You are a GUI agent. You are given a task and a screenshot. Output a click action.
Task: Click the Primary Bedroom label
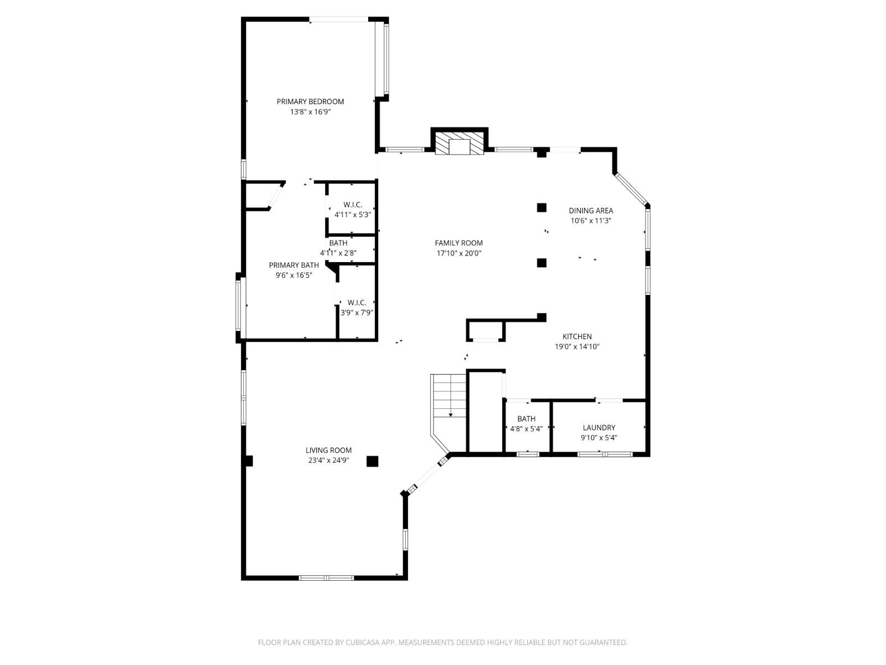pyautogui.click(x=310, y=101)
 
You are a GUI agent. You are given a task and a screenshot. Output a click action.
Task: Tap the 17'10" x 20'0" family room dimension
pyautogui.click(x=459, y=253)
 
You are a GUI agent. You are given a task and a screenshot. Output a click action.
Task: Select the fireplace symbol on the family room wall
pyautogui.click(x=459, y=144)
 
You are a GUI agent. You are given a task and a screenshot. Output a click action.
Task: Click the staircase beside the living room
pyautogui.click(x=449, y=396)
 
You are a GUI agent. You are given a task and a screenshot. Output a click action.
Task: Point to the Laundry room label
pyautogui.click(x=599, y=427)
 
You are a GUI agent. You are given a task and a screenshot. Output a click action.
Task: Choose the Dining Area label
pyautogui.click(x=591, y=211)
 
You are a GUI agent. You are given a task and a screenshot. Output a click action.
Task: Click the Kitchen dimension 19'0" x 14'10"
pyautogui.click(x=577, y=347)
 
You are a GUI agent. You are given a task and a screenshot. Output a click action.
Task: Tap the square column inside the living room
pyautogui.click(x=372, y=461)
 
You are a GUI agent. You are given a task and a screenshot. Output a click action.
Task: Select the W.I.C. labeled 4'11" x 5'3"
pyautogui.click(x=352, y=210)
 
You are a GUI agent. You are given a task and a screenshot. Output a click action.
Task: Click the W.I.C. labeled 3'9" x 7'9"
pyautogui.click(x=357, y=308)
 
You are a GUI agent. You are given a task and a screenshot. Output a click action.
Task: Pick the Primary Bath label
pyautogui.click(x=293, y=265)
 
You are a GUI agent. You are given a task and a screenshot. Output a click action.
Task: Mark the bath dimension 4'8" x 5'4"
pyautogui.click(x=526, y=428)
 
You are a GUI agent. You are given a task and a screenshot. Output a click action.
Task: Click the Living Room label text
pyautogui.click(x=328, y=450)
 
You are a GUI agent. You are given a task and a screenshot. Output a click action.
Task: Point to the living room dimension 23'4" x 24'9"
pyautogui.click(x=328, y=460)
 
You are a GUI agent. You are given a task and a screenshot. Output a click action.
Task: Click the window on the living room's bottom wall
pyautogui.click(x=326, y=578)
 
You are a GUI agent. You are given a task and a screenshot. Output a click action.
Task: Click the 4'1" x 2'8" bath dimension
pyautogui.click(x=338, y=253)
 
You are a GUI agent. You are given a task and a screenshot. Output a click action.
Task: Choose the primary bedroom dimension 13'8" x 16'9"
pyautogui.click(x=310, y=111)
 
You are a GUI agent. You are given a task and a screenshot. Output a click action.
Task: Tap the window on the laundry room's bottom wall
pyautogui.click(x=604, y=454)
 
